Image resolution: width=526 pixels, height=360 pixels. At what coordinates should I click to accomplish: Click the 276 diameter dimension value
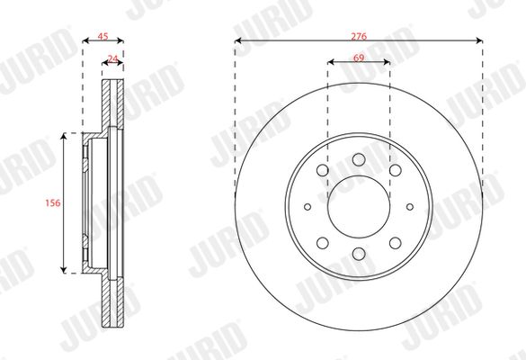click(359, 36)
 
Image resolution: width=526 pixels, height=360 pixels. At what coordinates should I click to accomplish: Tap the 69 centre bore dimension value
click(359, 58)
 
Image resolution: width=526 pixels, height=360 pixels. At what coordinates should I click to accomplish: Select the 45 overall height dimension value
click(103, 36)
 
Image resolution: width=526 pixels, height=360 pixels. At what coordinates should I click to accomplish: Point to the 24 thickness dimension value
click(113, 58)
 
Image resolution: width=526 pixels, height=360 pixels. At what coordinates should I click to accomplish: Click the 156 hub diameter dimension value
click(53, 202)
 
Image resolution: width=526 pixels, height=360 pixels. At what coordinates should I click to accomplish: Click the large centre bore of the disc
click(359, 207)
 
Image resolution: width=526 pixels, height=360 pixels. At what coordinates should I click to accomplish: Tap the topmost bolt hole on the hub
click(359, 159)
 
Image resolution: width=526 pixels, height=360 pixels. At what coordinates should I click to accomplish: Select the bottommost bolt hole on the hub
click(359, 254)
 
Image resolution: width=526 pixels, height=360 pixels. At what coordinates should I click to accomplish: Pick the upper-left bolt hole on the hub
click(323, 170)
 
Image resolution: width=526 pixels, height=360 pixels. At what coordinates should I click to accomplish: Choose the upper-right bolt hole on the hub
click(395, 170)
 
